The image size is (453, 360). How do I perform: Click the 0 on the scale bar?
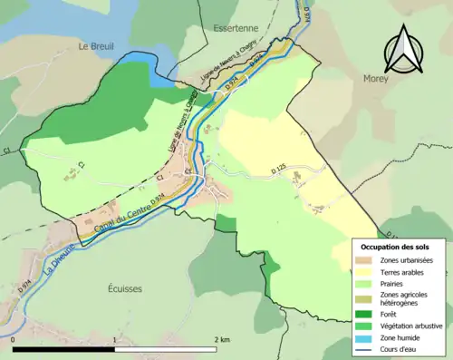(x=14, y=339)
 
